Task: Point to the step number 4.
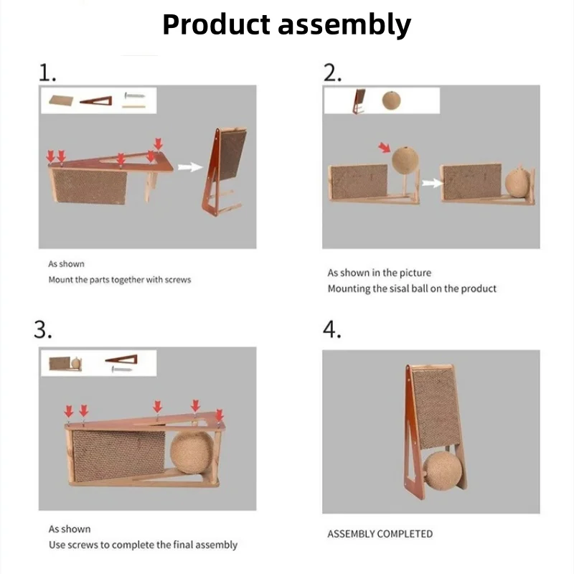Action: (x=331, y=329)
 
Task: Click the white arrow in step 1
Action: (x=188, y=167)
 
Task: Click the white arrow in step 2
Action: (x=432, y=184)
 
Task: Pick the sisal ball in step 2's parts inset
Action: (x=391, y=99)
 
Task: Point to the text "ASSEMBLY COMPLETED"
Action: (x=380, y=534)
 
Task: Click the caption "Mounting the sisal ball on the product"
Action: (x=412, y=288)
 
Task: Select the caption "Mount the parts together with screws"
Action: (x=120, y=280)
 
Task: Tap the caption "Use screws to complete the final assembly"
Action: (x=143, y=545)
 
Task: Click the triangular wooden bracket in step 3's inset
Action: (x=121, y=358)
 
